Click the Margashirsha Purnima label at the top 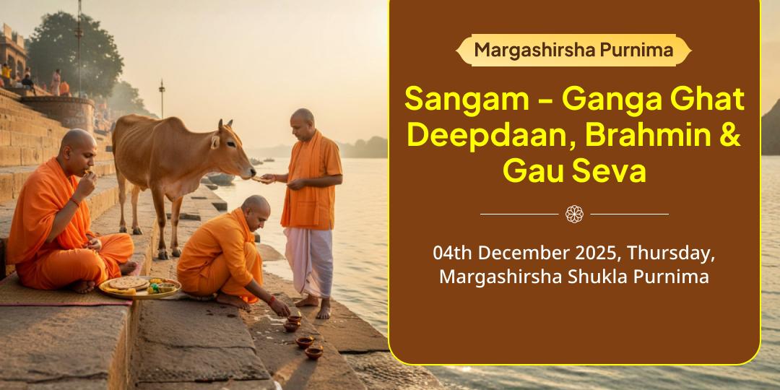(x=573, y=50)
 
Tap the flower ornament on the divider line (x=574, y=214)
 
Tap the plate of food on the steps (x=138, y=286)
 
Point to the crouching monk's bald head (x=256, y=207)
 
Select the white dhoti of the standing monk (x=307, y=261)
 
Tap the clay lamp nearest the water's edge (x=313, y=352)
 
